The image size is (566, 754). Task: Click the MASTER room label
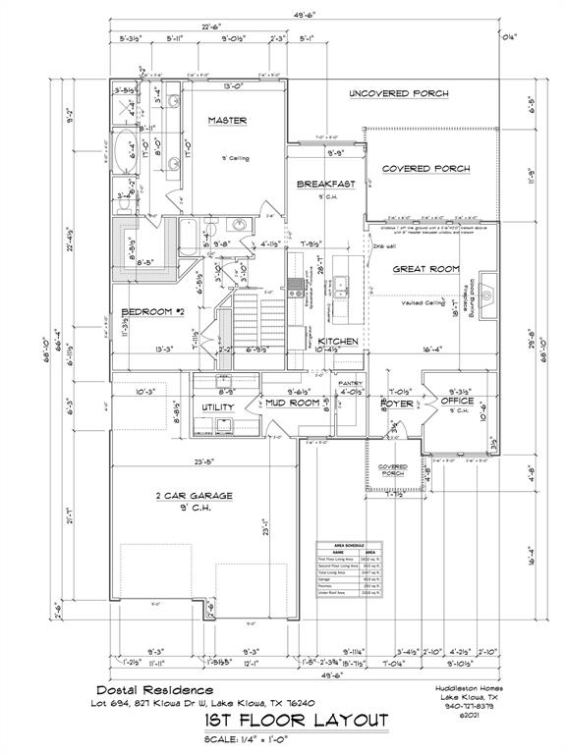[227, 120]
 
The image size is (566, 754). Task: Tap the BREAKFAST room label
[325, 184]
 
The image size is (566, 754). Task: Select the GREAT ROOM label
[427, 268]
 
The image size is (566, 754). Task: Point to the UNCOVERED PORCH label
[399, 93]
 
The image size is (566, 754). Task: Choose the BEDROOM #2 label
[152, 312]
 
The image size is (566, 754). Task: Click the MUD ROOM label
[293, 403]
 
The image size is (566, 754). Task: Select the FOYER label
[399, 403]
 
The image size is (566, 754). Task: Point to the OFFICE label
[456, 401]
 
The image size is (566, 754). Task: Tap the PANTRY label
[351, 383]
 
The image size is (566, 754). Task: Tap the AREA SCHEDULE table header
[349, 545]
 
